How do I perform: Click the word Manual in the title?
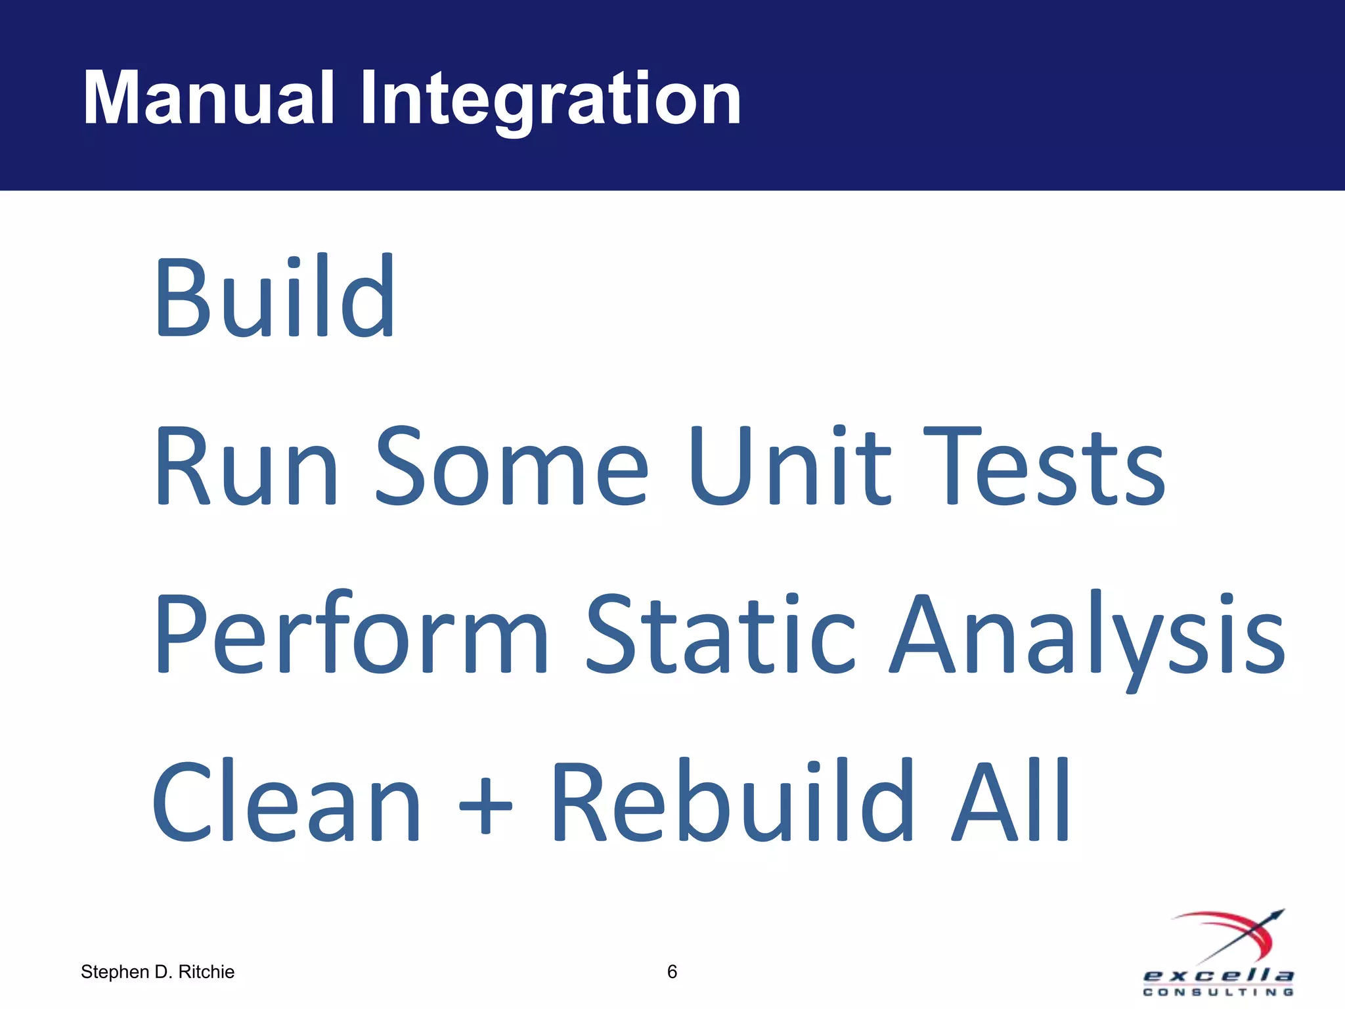[x=209, y=99]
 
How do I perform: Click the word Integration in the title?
[x=550, y=100]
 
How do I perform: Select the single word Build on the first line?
[x=275, y=297]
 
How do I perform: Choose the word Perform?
[x=351, y=634]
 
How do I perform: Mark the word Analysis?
[x=1087, y=636]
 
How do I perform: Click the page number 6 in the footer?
[x=672, y=972]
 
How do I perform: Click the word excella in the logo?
[x=1218, y=975]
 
